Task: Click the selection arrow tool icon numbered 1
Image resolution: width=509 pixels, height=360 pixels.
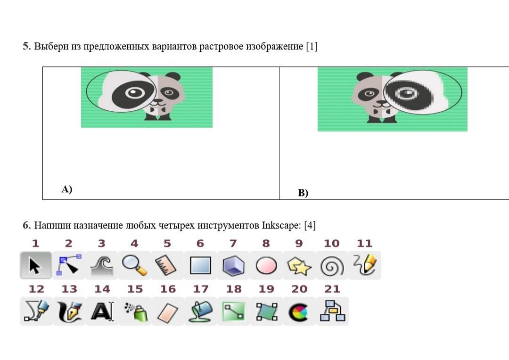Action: [35, 266]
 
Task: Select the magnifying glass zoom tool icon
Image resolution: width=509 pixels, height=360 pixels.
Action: [134, 266]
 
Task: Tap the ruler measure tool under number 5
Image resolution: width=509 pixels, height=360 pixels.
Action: [167, 266]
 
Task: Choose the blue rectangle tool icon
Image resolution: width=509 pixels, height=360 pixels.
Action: [200, 266]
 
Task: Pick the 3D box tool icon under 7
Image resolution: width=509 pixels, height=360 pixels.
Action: [233, 266]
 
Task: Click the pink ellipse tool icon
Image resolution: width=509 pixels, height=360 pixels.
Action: [266, 266]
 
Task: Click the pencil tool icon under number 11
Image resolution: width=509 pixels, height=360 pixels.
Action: [364, 265]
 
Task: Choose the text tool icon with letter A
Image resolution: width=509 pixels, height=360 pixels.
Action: [102, 311]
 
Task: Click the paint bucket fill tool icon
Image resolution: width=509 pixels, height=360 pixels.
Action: [200, 311]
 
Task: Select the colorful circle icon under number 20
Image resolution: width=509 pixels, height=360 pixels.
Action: [299, 311]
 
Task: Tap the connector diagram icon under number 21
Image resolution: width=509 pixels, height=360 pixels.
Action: [332, 311]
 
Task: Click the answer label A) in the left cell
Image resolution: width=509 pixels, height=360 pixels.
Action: [66, 189]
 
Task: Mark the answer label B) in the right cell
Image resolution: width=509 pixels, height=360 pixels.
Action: [303, 193]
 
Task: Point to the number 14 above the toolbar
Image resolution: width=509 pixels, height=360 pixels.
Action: [102, 289]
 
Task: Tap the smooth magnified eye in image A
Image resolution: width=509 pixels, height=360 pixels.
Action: [134, 92]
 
